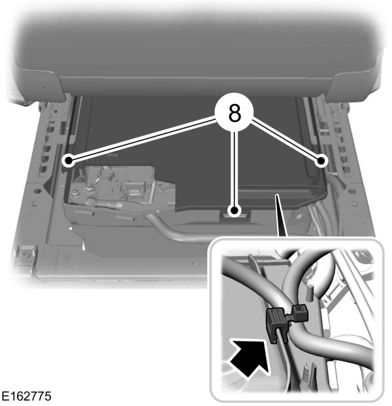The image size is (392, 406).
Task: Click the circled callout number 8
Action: (x=235, y=113)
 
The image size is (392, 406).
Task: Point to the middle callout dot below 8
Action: (x=234, y=211)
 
